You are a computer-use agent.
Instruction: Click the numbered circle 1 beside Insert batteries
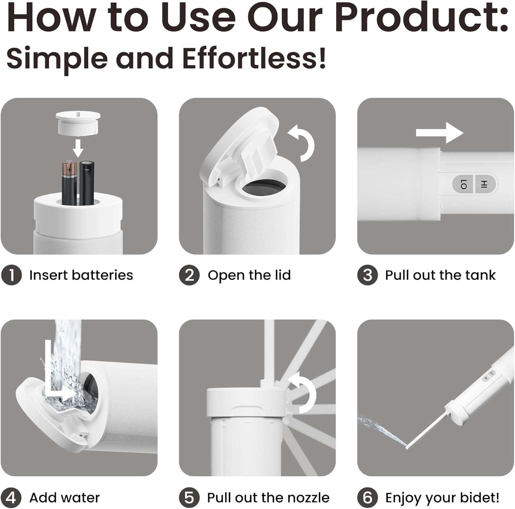11,275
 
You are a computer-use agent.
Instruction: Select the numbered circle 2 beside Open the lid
189,275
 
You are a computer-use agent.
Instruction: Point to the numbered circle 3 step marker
367,275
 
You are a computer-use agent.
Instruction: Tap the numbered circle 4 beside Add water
11,497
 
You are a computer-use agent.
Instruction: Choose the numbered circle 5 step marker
189,497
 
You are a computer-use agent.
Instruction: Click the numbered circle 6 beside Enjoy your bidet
367,497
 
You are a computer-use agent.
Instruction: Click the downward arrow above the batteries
79,148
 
